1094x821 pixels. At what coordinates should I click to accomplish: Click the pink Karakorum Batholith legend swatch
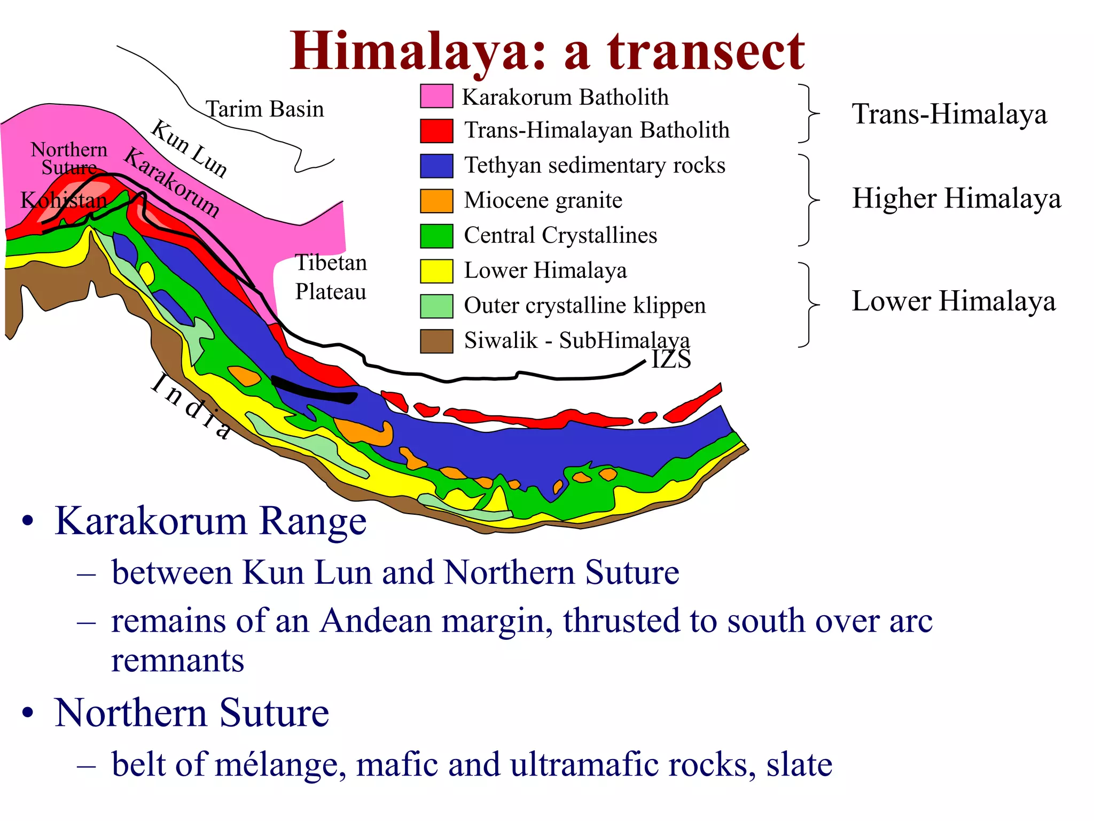[x=436, y=96]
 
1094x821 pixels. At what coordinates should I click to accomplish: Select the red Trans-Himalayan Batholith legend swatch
[x=436, y=131]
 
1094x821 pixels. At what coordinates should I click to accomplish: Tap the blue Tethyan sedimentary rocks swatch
[x=436, y=166]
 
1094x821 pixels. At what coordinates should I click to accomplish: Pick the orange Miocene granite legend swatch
[x=436, y=201]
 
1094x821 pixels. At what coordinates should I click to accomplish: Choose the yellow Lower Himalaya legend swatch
[x=436, y=271]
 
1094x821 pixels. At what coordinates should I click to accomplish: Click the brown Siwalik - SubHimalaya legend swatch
[x=436, y=341]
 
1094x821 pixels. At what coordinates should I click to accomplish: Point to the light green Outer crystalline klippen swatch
[x=436, y=306]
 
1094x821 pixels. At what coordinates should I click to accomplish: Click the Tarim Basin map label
[x=265, y=109]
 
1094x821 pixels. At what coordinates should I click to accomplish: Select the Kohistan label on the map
[x=64, y=200]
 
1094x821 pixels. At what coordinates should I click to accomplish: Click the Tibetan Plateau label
[x=331, y=277]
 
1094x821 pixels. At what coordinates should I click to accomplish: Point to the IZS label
[x=671, y=359]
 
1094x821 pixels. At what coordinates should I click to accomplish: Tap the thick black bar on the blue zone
[x=314, y=390]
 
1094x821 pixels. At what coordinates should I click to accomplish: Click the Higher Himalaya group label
[x=956, y=199]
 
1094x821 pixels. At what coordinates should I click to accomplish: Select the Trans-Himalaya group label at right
[x=949, y=114]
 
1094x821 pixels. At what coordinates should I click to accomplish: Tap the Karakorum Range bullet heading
[x=210, y=521]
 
